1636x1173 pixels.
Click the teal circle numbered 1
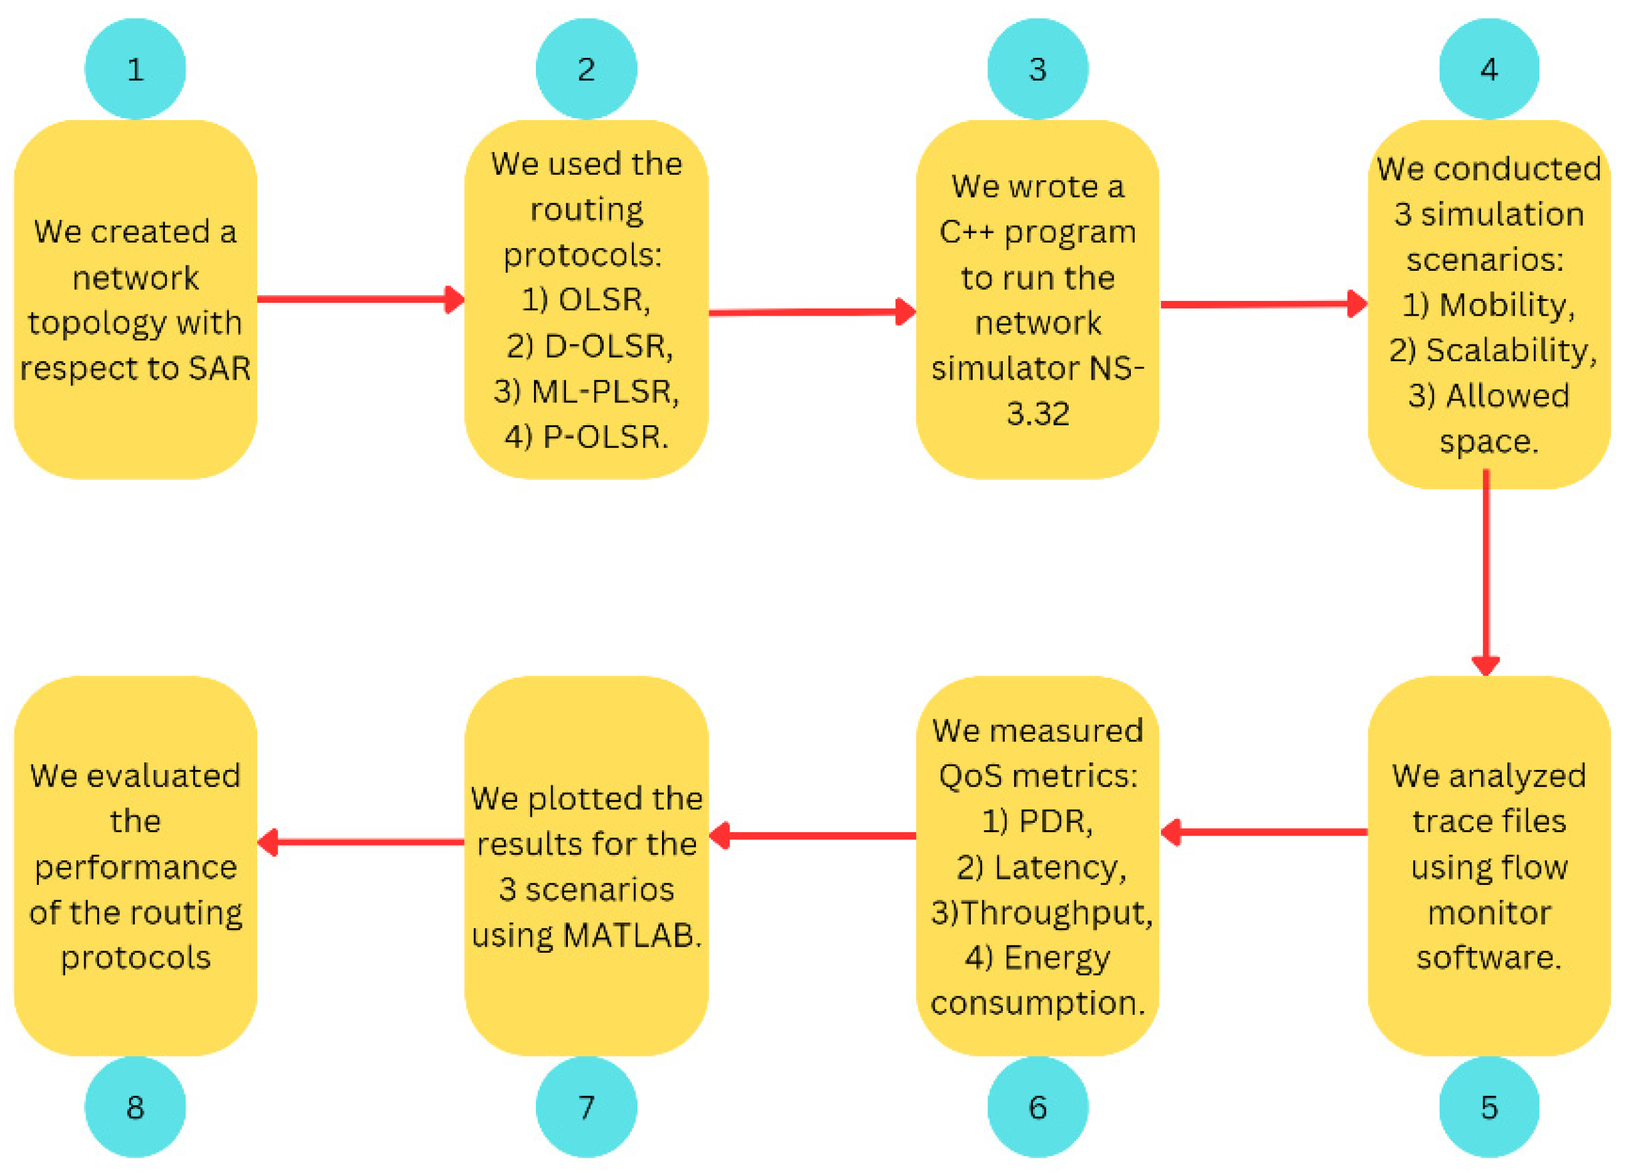[x=135, y=68]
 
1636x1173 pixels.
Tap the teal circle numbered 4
[x=1489, y=68]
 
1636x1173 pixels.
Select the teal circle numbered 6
[x=1037, y=1107]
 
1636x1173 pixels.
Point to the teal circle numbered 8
[x=135, y=1107]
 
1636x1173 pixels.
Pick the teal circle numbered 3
[x=1037, y=68]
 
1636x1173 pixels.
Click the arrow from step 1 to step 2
[x=361, y=298]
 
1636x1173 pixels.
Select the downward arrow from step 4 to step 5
[x=1486, y=570]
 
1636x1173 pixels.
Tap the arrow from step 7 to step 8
[x=361, y=841]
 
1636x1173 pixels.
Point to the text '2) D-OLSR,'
[x=589, y=345]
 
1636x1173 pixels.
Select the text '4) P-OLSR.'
[x=586, y=436]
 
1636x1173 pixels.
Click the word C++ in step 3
[x=967, y=232]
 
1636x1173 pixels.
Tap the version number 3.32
[x=1037, y=414]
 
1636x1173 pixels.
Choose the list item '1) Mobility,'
[x=1489, y=305]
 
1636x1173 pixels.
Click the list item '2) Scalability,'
[x=1493, y=351]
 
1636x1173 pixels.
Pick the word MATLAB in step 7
[x=631, y=935]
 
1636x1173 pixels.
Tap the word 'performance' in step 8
[x=135, y=867]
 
